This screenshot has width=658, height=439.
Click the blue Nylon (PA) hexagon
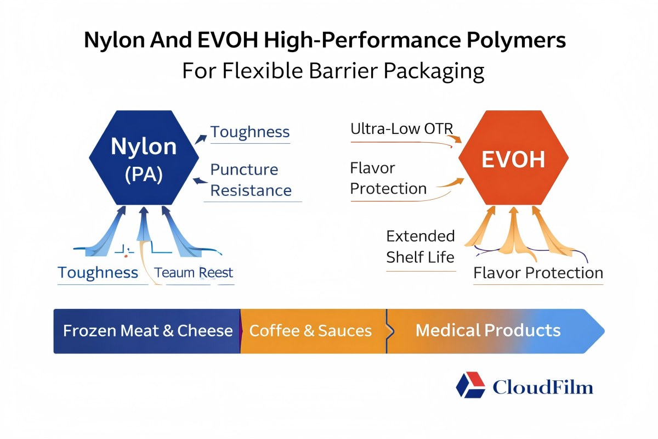[144, 157]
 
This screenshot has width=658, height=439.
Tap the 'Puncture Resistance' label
[251, 180]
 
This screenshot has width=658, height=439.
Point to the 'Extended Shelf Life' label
[421, 246]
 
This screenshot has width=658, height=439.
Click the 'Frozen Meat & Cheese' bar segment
[147, 331]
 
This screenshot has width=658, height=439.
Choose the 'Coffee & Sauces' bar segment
[310, 331]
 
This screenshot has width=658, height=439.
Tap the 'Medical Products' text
[488, 330]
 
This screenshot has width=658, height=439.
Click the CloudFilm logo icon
[470, 385]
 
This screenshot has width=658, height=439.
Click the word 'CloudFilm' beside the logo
[543, 387]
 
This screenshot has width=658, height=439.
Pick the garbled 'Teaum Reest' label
[194, 273]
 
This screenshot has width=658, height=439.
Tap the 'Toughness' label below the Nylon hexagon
[98, 273]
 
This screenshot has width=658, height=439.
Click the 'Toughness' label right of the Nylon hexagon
[250, 132]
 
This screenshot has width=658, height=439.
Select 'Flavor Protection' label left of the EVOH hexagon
[388, 178]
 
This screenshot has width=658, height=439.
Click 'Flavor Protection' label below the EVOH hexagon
[538, 273]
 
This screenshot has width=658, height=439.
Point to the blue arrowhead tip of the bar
[602, 331]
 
